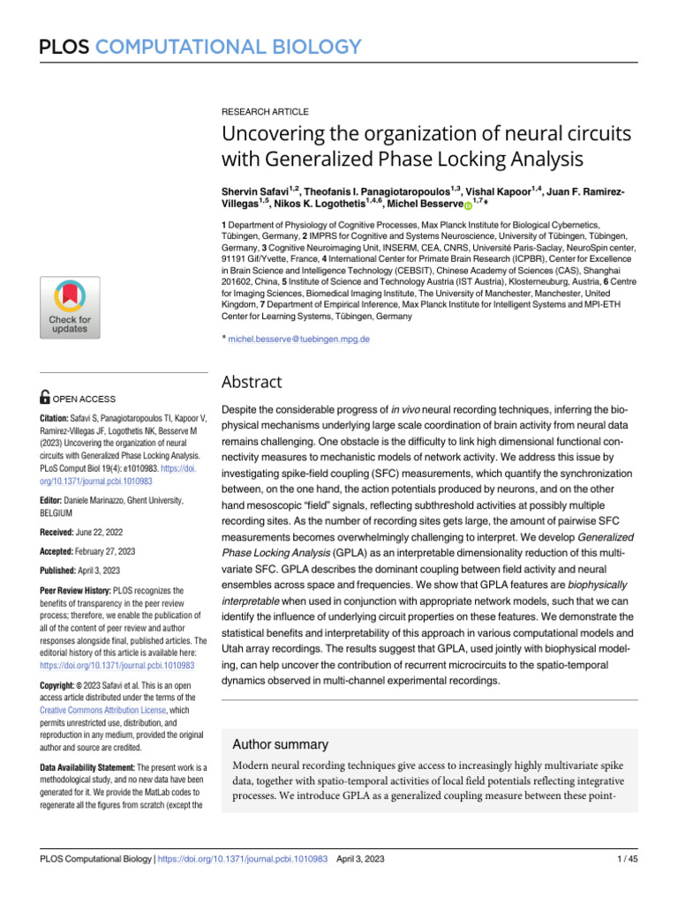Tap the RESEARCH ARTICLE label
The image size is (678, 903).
pos(265,112)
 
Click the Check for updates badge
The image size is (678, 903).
pos(69,307)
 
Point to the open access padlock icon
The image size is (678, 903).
pos(47,399)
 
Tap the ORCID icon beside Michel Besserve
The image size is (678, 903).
pos(468,205)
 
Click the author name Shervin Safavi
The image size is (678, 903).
pos(258,190)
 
